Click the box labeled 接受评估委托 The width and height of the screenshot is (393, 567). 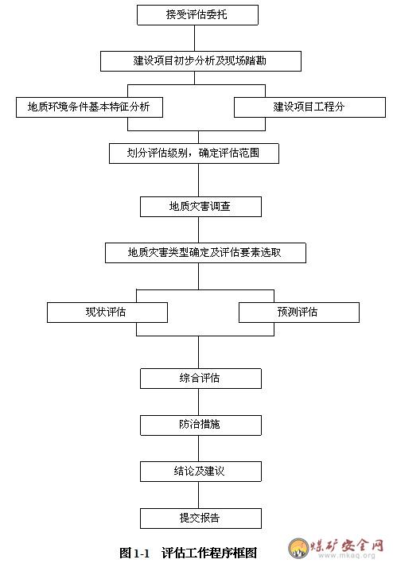197,15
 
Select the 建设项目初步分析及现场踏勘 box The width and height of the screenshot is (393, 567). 200,60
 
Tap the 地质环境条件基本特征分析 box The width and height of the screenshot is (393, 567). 89,107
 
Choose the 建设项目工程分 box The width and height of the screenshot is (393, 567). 309,107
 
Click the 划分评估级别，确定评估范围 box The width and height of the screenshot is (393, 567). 194,153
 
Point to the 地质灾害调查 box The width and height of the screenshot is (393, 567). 200,207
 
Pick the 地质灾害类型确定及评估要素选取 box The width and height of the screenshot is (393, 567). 205,252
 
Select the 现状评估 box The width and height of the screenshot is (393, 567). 107,312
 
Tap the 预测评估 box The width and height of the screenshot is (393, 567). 299,312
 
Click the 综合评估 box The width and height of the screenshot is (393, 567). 200,379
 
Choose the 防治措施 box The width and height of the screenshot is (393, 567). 200,425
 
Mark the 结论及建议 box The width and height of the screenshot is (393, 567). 200,471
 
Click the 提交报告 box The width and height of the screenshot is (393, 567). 200,518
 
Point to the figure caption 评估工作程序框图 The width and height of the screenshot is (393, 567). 209,553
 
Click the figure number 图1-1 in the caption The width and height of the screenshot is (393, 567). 134,553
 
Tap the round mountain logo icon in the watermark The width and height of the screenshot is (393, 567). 298,548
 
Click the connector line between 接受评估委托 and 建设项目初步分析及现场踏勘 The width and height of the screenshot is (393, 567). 194,38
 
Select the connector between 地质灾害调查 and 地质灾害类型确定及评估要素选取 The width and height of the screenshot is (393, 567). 198,230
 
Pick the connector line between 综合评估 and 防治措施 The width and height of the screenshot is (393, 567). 198,402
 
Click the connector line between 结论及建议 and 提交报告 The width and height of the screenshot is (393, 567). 198,495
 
